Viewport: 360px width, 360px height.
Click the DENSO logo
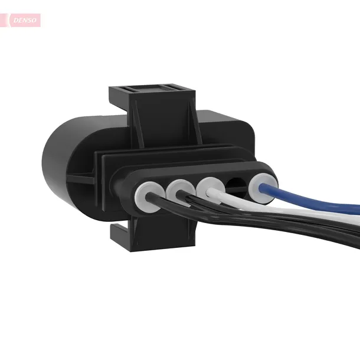point(24,20)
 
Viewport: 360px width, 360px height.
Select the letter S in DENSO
point(30,20)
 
